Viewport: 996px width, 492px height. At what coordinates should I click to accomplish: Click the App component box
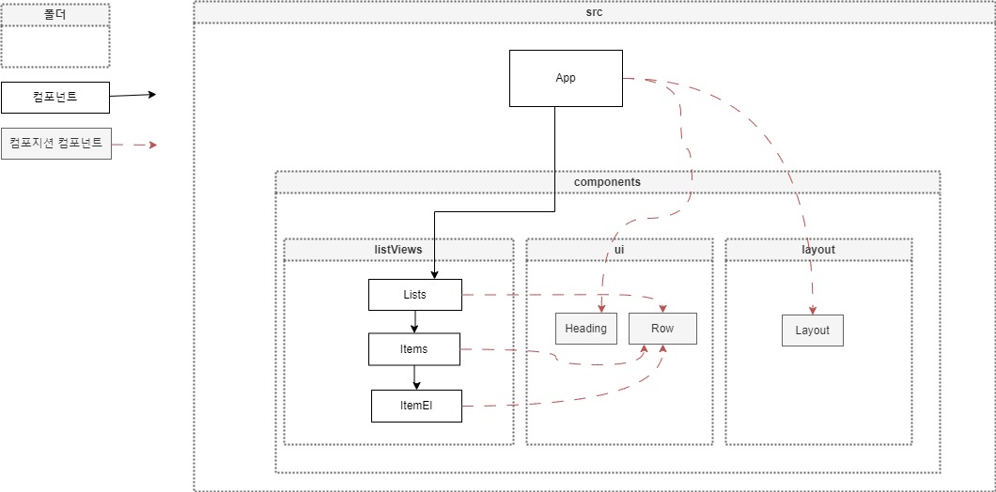[x=565, y=78]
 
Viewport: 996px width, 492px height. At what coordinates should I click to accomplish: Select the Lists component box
[x=414, y=295]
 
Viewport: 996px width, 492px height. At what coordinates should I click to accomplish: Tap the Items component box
[x=414, y=349]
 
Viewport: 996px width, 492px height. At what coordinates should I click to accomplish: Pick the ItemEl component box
[x=416, y=406]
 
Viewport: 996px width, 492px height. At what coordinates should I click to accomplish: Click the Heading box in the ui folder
[x=585, y=329]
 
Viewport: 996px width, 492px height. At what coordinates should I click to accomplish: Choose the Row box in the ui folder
[x=662, y=329]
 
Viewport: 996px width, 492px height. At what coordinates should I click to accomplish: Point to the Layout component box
[x=812, y=331]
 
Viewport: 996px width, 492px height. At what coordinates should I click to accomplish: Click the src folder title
[x=594, y=13]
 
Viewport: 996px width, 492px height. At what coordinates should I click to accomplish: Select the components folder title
[x=607, y=182]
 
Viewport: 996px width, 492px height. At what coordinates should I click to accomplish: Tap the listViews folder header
[x=398, y=250]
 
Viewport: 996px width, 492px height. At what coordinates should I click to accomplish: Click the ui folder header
[x=619, y=250]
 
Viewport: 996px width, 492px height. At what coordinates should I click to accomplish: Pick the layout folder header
[x=817, y=250]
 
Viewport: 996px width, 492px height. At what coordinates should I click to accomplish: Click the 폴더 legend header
[x=55, y=14]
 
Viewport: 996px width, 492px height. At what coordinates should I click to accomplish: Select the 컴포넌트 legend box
[x=55, y=97]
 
